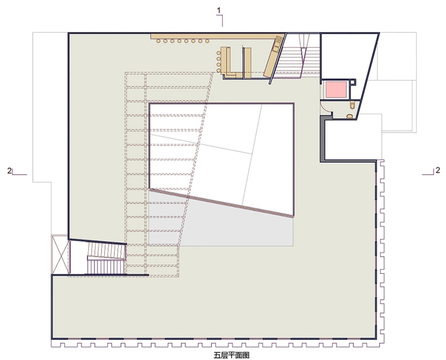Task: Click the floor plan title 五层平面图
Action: click(x=231, y=355)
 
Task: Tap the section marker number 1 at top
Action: click(x=219, y=11)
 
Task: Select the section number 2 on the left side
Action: click(x=10, y=170)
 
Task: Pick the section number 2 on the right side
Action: click(x=438, y=170)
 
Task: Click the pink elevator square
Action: click(x=336, y=90)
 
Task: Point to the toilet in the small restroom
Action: click(x=353, y=105)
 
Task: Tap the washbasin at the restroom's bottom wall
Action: click(x=350, y=116)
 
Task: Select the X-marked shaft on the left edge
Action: click(x=60, y=254)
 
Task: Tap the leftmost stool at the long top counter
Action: click(x=158, y=41)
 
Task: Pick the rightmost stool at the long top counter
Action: click(x=208, y=41)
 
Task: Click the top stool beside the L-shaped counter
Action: click(x=218, y=53)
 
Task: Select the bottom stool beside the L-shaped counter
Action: click(x=218, y=70)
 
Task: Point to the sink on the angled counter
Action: click(x=277, y=46)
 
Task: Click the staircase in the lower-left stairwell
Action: click(x=106, y=258)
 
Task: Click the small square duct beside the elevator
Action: click(x=353, y=81)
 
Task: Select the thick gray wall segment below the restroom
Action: click(x=323, y=138)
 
